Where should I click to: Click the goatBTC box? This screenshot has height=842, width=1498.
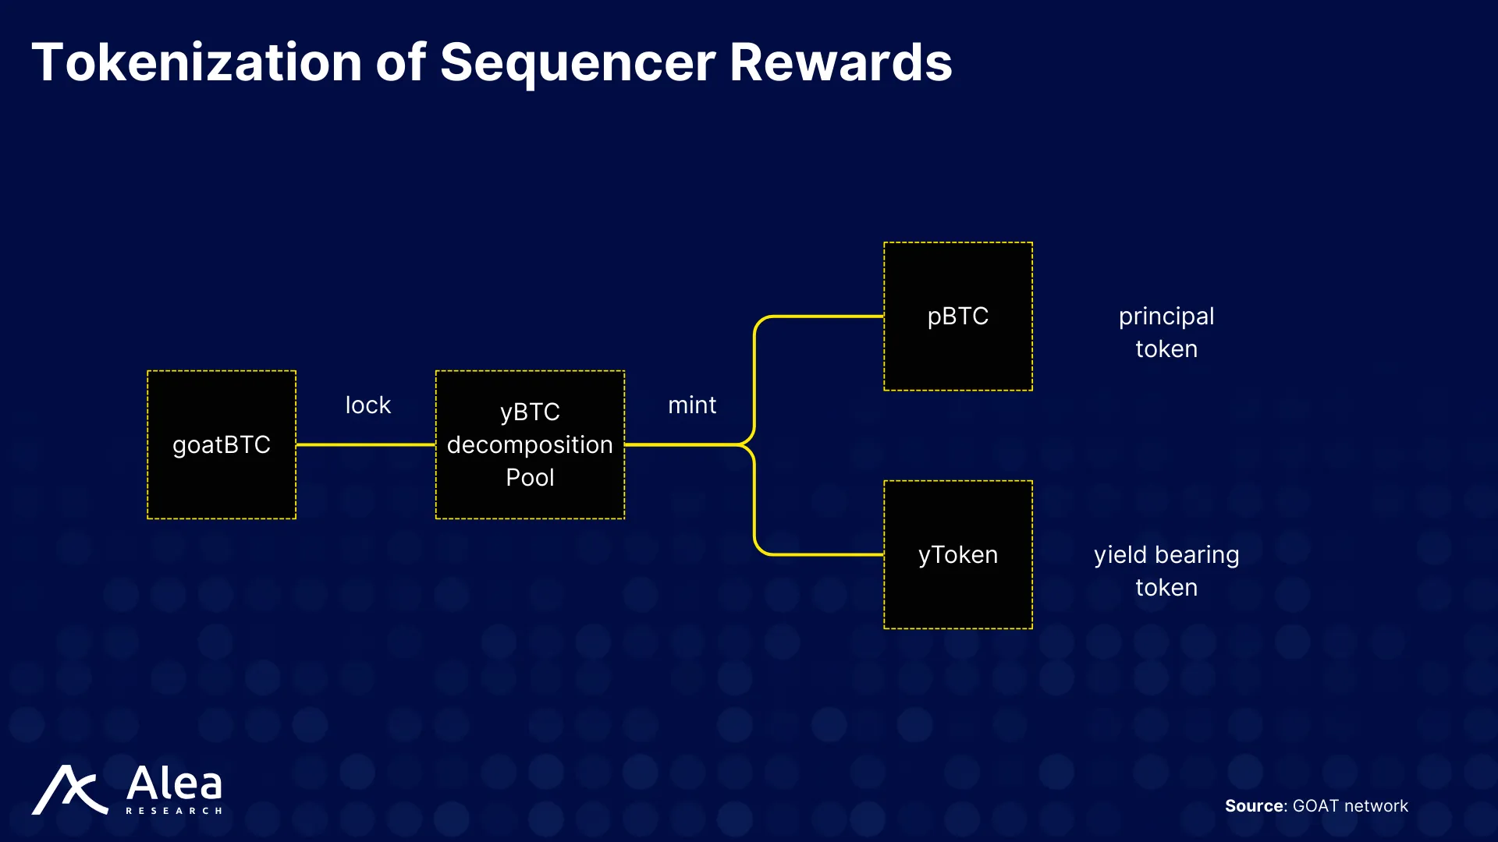[222, 444]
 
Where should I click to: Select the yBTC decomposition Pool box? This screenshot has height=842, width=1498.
[530, 444]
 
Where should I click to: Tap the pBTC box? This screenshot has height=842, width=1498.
[958, 316]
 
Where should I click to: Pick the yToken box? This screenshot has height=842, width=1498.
[958, 554]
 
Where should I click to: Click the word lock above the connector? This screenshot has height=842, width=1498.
[368, 405]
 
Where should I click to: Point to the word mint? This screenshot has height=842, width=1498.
[692, 405]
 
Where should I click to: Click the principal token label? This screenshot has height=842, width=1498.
[1166, 332]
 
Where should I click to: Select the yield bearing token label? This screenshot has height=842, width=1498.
[1166, 571]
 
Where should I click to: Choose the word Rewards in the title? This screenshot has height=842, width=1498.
[841, 62]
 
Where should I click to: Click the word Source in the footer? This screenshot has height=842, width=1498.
[1255, 805]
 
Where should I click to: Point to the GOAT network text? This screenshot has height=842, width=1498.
[1351, 805]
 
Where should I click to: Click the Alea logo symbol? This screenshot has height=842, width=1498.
[69, 790]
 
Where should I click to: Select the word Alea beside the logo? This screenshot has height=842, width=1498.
[174, 783]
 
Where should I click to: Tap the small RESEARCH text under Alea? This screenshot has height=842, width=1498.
[174, 811]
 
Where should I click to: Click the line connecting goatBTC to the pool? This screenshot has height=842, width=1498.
[366, 444]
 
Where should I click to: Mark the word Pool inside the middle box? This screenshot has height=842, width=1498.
[530, 477]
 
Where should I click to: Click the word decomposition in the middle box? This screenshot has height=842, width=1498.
[530, 445]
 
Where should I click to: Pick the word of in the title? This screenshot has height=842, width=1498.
[401, 62]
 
